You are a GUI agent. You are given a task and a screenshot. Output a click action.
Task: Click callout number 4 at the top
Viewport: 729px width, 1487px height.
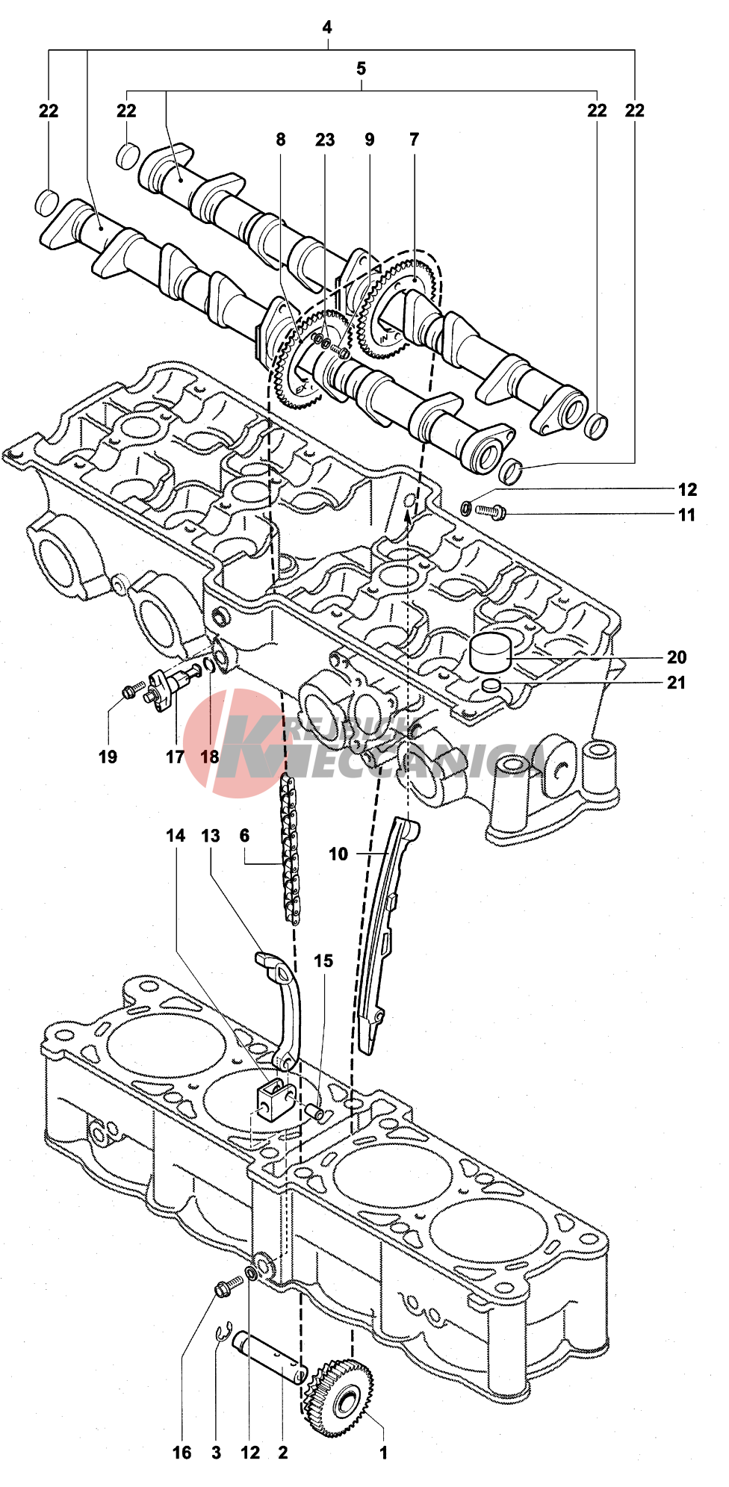point(327,28)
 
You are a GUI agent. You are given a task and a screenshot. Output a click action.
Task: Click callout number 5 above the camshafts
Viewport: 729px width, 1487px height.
point(362,69)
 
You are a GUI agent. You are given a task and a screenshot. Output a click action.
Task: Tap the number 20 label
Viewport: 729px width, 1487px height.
point(677,657)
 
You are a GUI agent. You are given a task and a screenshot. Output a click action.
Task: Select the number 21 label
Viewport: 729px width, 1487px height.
point(677,683)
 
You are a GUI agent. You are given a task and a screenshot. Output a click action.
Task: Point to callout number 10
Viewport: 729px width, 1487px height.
point(338,854)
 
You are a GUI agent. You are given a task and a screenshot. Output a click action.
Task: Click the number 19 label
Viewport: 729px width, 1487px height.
point(108,757)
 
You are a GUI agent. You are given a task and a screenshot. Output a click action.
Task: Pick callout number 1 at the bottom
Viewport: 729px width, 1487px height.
point(384,1453)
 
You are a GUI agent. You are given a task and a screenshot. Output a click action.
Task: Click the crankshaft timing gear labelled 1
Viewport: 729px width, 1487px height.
point(340,1397)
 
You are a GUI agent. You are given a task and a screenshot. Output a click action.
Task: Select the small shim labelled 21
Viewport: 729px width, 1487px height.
point(491,686)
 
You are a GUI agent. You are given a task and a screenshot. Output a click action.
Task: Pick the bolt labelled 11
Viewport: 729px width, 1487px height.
point(490,512)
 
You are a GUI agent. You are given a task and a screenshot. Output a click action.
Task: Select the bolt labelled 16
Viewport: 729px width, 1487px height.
point(228,1286)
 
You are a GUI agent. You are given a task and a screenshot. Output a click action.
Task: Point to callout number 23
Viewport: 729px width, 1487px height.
point(325,140)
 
